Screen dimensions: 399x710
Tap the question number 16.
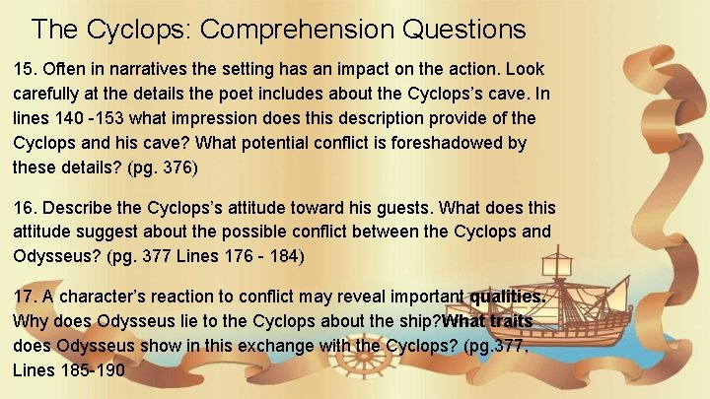click(x=24, y=209)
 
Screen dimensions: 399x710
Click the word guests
click(x=379, y=209)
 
